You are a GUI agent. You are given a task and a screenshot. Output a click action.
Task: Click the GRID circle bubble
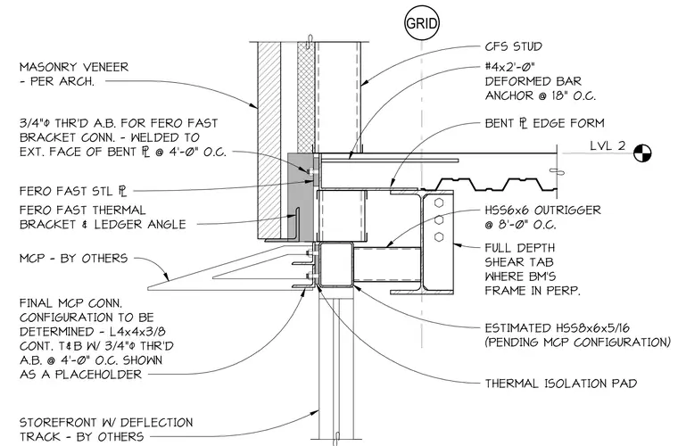coord(422,23)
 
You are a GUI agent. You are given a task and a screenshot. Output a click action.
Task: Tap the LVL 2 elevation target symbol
coord(642,153)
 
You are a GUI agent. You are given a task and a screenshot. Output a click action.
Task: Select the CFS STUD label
coord(513,46)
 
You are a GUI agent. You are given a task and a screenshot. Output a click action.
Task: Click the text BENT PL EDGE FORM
coord(544,124)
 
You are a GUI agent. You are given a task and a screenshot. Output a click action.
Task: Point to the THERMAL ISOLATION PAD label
coord(561,384)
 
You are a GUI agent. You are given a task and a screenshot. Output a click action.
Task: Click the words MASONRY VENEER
coord(74,68)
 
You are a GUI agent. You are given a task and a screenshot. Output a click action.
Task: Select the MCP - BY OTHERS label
coord(73,259)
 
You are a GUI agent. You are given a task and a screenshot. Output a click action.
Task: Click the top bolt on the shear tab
coord(438,202)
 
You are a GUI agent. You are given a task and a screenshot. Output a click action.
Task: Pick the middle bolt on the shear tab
coord(438,219)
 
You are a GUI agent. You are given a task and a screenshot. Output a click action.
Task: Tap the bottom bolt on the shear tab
coord(438,236)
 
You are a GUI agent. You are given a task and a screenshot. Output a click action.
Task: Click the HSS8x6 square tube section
coord(335,265)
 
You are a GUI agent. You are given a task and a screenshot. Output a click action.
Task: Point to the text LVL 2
coord(608,145)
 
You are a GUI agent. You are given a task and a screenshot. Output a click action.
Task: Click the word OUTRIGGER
coord(567,211)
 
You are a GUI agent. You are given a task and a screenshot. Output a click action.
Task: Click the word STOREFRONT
coord(57,422)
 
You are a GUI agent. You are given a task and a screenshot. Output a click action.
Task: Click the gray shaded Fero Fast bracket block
coord(300,196)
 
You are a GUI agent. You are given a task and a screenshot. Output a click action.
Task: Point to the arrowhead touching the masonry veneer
coord(254,105)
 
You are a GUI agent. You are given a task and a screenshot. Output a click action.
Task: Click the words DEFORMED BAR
coord(533,81)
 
